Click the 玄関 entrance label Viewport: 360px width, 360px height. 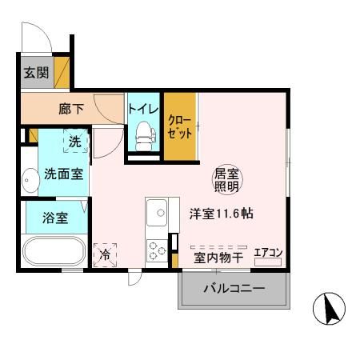(34, 73)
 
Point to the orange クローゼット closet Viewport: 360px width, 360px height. (180, 126)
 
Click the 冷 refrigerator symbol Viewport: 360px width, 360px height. (105, 254)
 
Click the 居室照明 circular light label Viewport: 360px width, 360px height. (225, 180)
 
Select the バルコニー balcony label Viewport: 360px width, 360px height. (233, 289)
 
